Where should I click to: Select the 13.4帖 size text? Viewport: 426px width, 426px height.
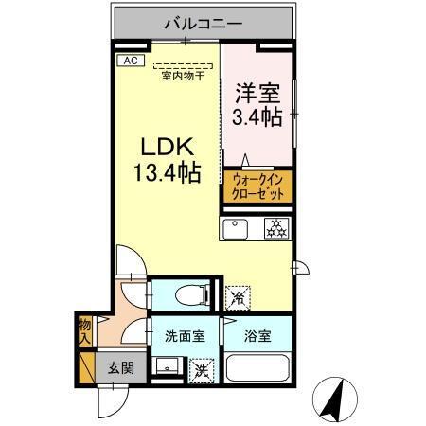coord(168,174)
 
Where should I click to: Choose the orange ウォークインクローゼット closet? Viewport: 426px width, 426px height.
coord(256,185)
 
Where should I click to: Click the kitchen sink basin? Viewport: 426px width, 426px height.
coord(236,228)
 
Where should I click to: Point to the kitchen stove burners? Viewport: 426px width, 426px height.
coord(275,228)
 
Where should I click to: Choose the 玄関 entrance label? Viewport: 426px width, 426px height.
coord(118,368)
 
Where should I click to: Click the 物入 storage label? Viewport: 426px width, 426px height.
coord(83,330)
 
